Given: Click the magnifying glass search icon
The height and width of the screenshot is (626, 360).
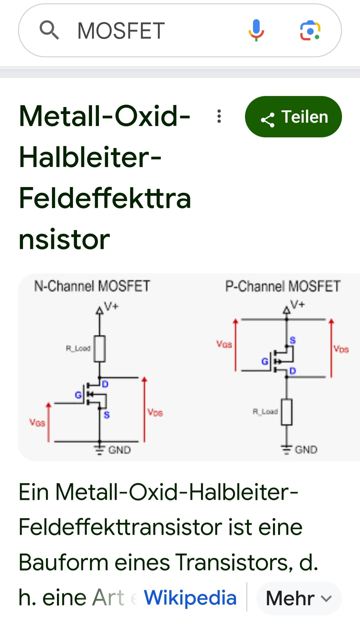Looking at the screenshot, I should tap(49, 30).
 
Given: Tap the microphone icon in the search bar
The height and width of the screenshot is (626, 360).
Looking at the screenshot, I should tap(256, 30).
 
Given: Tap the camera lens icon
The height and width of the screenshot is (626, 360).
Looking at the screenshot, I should tap(310, 30).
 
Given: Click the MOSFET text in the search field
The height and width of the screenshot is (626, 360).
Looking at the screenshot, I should tap(121, 31).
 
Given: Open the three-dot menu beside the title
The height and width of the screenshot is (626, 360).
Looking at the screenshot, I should tap(219, 116).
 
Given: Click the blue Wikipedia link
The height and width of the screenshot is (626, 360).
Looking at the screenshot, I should tap(190, 597).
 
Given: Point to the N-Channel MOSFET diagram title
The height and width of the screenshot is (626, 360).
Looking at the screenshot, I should tap(92, 286).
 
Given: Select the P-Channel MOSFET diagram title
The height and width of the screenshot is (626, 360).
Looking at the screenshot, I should tap(283, 286).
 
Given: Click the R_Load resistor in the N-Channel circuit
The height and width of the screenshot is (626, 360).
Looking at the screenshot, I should tap(100, 349).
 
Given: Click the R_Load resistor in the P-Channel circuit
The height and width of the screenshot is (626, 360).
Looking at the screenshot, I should tap(287, 412).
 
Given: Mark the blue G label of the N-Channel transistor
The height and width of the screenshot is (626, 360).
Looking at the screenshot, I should tap(78, 395).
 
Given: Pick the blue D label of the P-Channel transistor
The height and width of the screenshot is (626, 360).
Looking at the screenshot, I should tap(293, 371).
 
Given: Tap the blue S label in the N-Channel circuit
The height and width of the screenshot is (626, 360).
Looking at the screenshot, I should tap(107, 415).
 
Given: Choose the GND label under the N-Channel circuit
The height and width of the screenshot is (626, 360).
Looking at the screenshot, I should tap(119, 450).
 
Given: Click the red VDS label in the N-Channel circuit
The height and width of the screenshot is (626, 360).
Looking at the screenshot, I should tap(155, 412).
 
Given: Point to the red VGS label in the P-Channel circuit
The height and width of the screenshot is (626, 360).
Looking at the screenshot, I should tap(224, 344).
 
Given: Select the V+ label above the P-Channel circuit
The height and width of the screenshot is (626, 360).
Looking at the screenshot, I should tap(297, 304).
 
